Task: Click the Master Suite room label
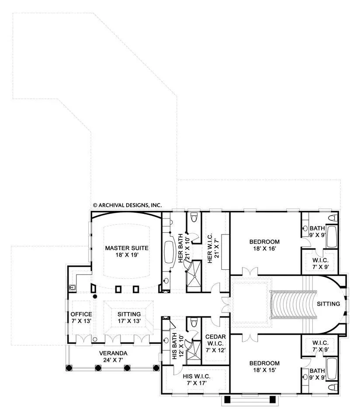click(x=127, y=251)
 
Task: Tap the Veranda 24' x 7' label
click(x=113, y=357)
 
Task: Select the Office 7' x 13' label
click(x=81, y=317)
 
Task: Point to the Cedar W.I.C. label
click(x=215, y=343)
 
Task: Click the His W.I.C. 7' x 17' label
click(x=197, y=380)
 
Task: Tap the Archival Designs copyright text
click(x=127, y=205)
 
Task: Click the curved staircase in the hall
click(x=294, y=304)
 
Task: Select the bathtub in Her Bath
click(x=169, y=252)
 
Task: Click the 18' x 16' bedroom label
click(x=264, y=245)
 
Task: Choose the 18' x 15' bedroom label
click(x=264, y=367)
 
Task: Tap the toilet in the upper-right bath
click(x=333, y=217)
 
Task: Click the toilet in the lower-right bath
click(x=333, y=387)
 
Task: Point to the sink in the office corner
click(x=72, y=288)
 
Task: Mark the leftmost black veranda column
click(x=69, y=368)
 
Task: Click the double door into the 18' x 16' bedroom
click(x=250, y=271)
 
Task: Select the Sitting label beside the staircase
click(x=329, y=304)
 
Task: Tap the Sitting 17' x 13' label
click(x=129, y=317)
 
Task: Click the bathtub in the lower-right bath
click(x=332, y=369)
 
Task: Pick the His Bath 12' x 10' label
click(x=177, y=346)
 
